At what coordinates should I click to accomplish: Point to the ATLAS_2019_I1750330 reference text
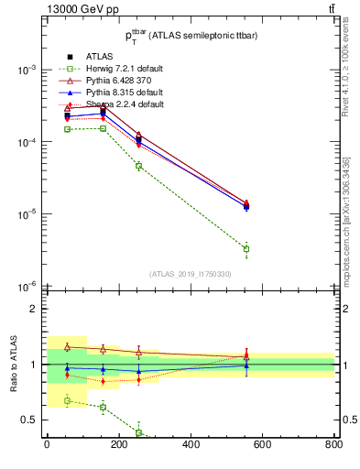point(191,274)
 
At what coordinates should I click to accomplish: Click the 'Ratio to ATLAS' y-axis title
point(14,365)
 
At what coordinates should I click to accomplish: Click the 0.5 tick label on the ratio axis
point(30,420)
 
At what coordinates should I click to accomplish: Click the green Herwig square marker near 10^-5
point(245,249)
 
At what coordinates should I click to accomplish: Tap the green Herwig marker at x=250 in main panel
point(138,166)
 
